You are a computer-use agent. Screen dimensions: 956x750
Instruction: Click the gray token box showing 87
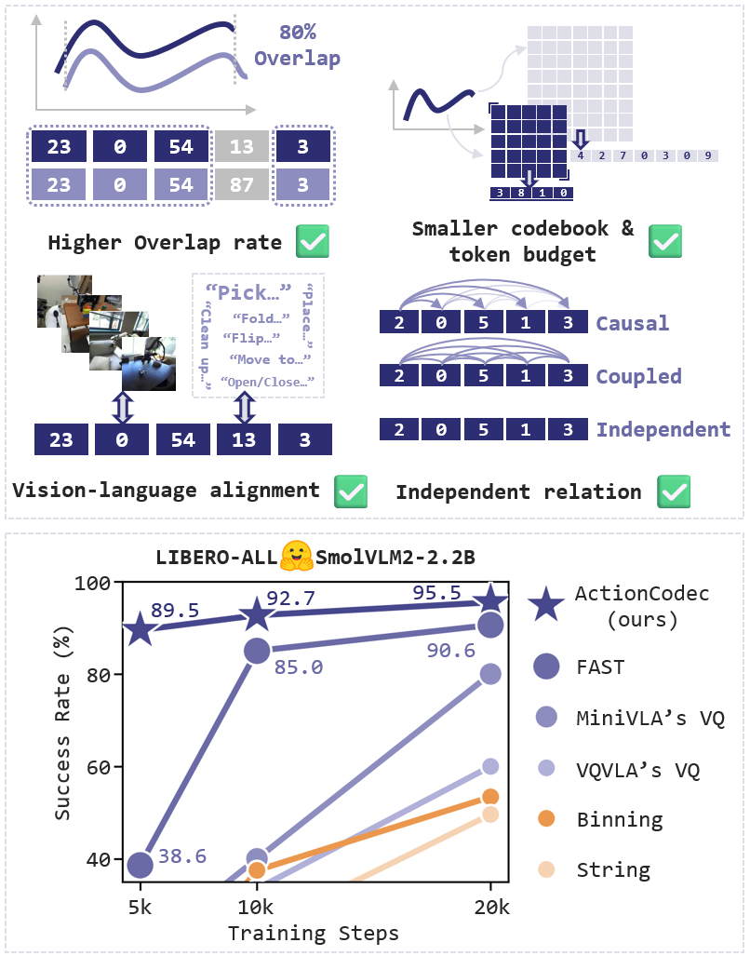[242, 185]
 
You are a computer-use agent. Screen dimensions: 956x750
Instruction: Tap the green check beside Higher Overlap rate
[312, 243]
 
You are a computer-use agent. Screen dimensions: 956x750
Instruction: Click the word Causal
[633, 323]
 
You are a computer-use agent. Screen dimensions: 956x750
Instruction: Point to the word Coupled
[639, 376]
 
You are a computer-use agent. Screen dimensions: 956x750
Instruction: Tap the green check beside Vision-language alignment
[351, 491]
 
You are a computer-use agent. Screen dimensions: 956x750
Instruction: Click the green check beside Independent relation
[674, 491]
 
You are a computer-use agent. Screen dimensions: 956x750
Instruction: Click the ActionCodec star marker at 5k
[140, 629]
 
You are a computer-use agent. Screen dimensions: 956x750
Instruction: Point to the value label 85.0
[299, 667]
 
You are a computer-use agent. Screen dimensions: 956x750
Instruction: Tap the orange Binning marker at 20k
[490, 796]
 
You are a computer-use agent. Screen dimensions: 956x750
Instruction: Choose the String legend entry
[612, 870]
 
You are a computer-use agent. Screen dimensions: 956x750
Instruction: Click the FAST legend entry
[599, 667]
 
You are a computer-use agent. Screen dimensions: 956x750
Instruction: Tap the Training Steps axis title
[314, 932]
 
